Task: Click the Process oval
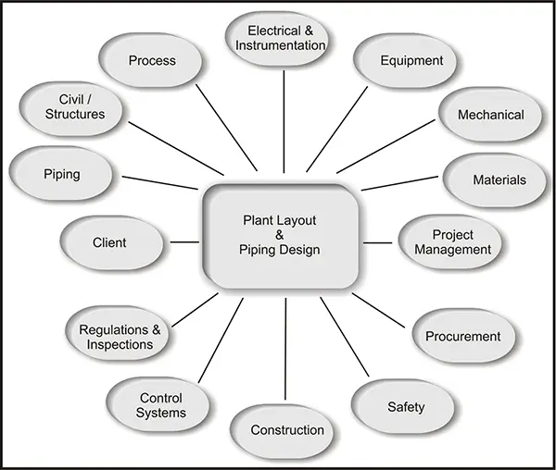click(150, 60)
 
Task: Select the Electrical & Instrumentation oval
click(277, 39)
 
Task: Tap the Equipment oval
click(405, 61)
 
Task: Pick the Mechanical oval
click(490, 115)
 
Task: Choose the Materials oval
click(495, 180)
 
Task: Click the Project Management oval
click(450, 242)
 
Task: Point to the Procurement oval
click(464, 336)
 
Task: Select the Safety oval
click(403, 407)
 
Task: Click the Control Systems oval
click(158, 404)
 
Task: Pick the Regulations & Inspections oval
click(117, 333)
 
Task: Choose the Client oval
click(112, 242)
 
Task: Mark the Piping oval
click(61, 174)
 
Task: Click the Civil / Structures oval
click(71, 108)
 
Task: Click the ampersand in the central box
click(280, 235)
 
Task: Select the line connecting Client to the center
click(184, 242)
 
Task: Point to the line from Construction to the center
click(285, 349)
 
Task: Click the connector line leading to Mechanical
click(385, 146)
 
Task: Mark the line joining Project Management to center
click(378, 242)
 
